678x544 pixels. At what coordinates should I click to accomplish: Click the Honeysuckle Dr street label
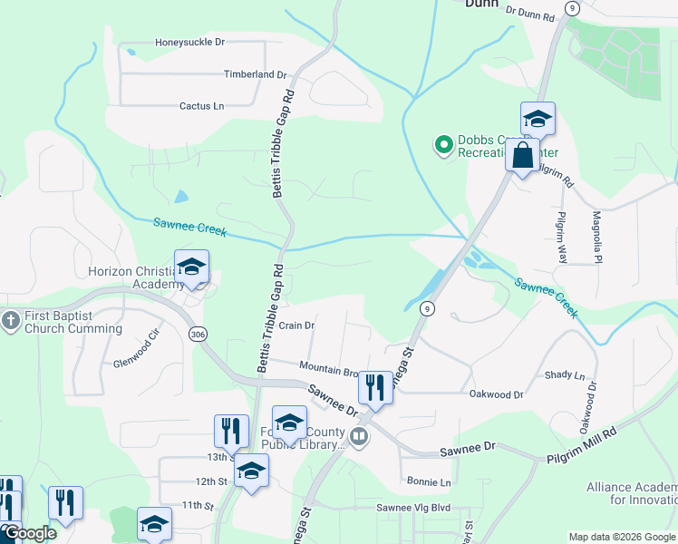tap(189, 42)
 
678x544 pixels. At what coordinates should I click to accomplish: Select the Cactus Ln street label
tap(201, 106)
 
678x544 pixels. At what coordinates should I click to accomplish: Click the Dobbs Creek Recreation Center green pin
tap(443, 145)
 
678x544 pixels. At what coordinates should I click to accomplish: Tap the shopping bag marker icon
tap(523, 155)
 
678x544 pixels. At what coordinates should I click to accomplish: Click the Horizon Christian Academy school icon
tap(191, 267)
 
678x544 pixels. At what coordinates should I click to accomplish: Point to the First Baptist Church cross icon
tap(11, 320)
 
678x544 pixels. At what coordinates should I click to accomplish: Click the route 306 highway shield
tap(198, 335)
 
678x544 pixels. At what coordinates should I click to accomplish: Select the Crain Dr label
tap(296, 325)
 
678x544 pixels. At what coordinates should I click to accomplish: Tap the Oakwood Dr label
tap(497, 394)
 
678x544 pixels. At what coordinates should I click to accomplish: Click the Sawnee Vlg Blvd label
tap(413, 508)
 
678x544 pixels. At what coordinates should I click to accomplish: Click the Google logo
tap(30, 534)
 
